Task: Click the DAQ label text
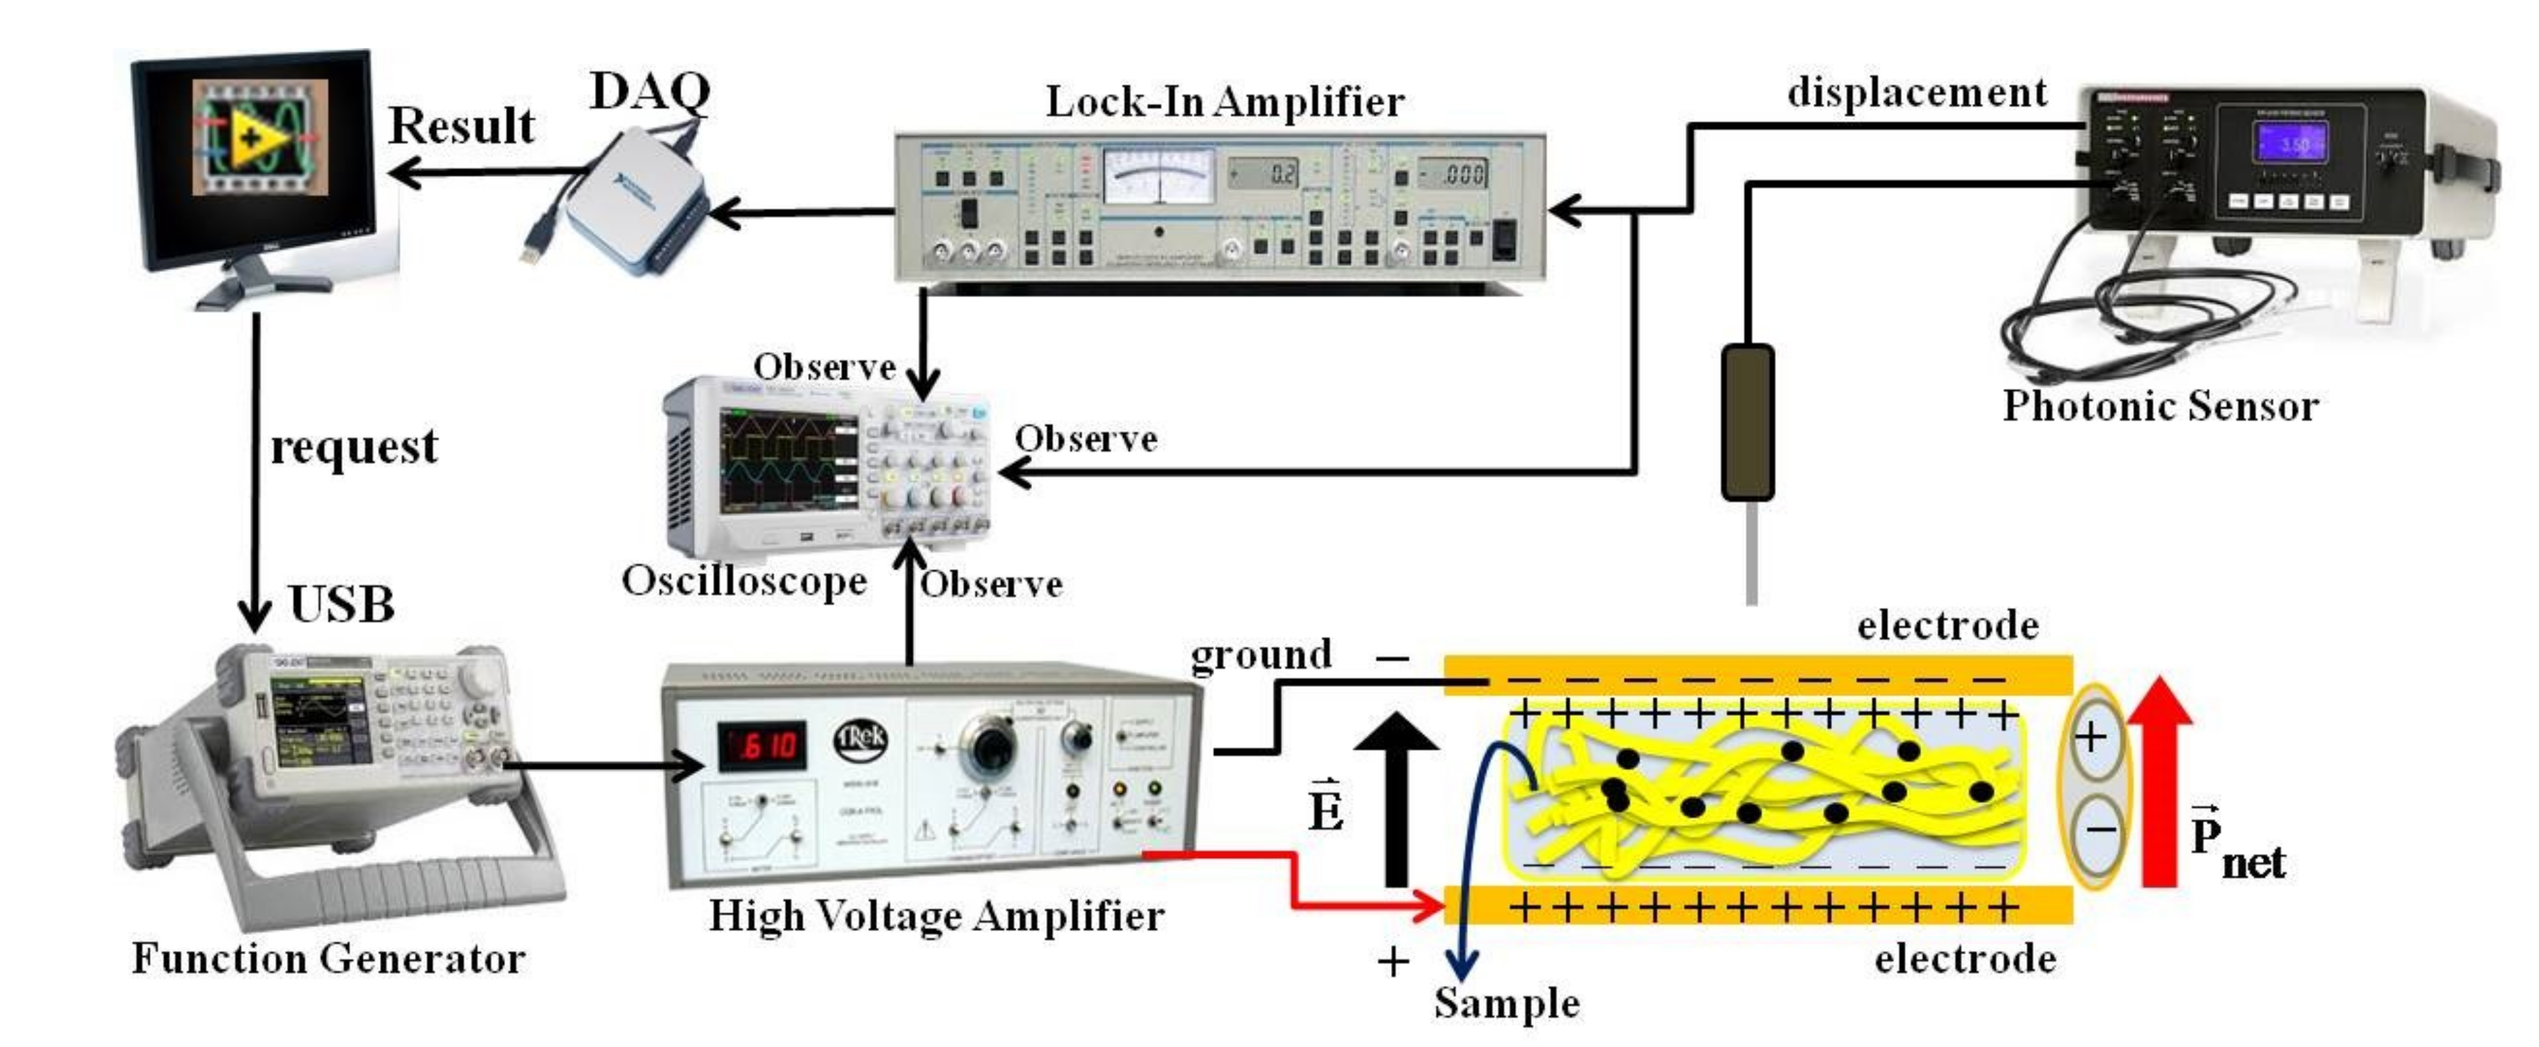click(649, 93)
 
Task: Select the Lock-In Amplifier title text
click(1224, 101)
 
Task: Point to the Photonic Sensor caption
click(2160, 406)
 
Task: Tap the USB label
click(341, 605)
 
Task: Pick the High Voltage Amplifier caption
click(936, 916)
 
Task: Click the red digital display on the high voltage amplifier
click(761, 746)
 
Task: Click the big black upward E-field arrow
click(1396, 798)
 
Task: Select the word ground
click(1260, 655)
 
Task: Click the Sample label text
click(1506, 1003)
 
